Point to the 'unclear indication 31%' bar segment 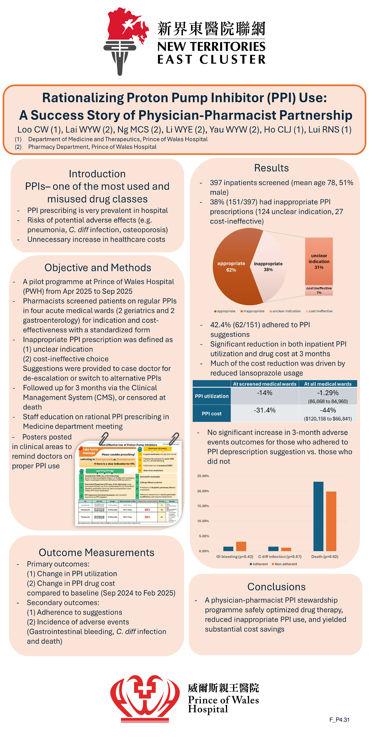[319, 261]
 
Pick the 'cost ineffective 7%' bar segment [319, 290]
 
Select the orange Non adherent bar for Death [331, 521]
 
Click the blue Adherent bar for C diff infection [273, 549]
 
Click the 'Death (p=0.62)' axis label [325, 556]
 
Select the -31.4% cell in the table [264, 410]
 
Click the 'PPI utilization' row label [212, 396]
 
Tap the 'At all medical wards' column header [328, 384]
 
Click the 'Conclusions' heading [277, 587]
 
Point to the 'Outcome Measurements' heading [96, 552]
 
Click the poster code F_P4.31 [339, 719]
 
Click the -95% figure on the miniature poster [147, 517]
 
